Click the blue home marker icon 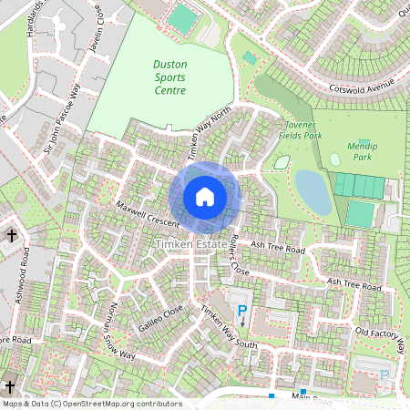click(205, 197)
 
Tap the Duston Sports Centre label click(169, 77)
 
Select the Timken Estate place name click(190, 245)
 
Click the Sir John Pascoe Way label click(63, 119)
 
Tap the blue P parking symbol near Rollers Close click(242, 313)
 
